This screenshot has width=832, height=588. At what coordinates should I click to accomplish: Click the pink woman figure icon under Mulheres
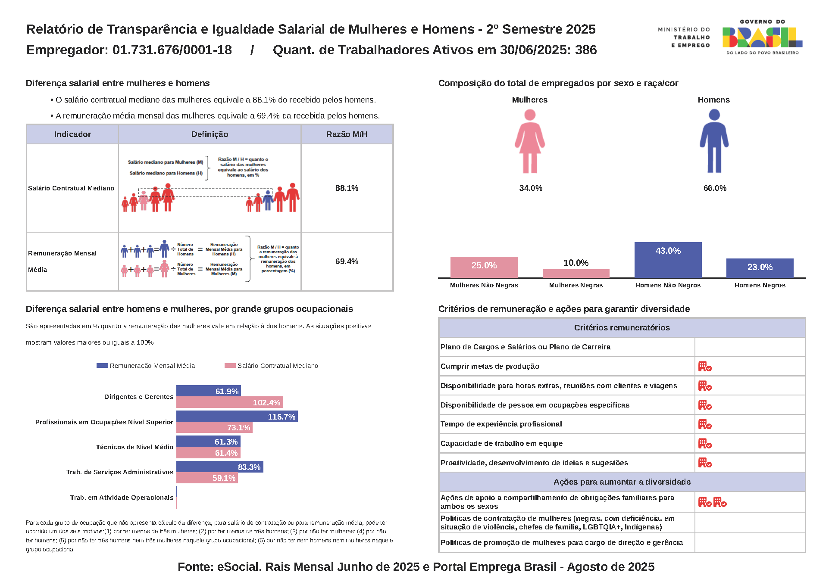[530, 141]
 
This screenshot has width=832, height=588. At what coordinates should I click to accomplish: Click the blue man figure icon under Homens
[714, 141]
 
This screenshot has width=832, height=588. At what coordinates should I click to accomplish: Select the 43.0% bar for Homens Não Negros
[668, 260]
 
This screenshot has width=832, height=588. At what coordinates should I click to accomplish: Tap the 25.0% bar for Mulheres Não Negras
[484, 267]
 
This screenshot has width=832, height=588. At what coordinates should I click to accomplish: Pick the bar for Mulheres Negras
[576, 274]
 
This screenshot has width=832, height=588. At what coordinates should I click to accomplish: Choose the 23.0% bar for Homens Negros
[760, 268]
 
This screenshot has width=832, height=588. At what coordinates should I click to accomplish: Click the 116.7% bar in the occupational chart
[237, 417]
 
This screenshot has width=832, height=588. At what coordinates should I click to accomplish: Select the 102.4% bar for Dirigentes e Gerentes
[229, 402]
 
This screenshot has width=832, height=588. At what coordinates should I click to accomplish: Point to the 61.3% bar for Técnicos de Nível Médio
[208, 442]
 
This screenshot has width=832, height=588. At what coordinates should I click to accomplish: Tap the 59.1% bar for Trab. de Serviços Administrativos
[207, 478]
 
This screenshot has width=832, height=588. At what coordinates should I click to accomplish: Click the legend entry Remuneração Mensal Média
[146, 366]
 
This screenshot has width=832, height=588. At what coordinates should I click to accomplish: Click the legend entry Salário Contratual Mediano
[272, 366]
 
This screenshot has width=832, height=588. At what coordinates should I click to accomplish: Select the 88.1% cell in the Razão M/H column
[347, 188]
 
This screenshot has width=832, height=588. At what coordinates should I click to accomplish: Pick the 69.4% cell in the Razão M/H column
[347, 261]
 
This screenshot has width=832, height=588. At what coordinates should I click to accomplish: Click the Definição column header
[210, 134]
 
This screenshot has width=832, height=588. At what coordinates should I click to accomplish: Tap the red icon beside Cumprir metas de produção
[705, 367]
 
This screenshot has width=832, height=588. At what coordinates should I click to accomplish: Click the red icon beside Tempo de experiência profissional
[705, 424]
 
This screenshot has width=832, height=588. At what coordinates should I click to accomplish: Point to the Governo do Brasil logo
[762, 37]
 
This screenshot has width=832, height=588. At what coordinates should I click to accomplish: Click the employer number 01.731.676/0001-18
[172, 50]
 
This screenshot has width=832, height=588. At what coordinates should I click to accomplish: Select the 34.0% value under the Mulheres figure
[531, 188]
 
